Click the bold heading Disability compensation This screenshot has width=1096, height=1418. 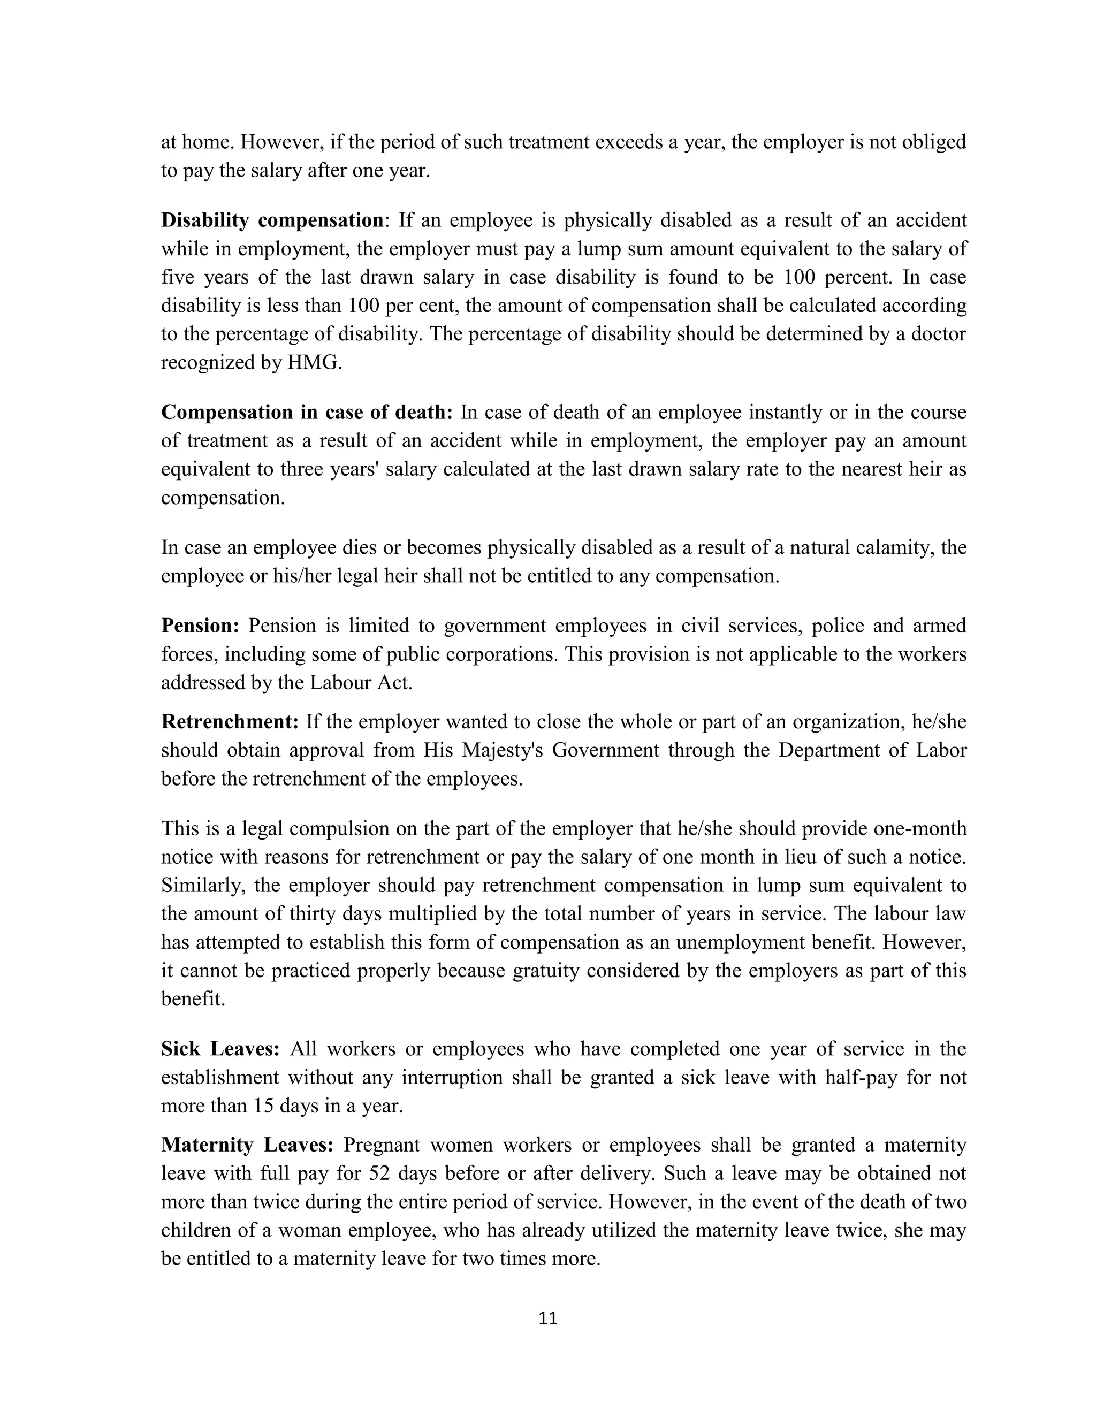272,221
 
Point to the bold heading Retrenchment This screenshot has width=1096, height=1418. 230,721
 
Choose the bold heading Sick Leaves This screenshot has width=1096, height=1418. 220,1049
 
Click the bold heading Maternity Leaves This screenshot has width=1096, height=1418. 247,1145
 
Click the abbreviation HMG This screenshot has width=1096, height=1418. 314,362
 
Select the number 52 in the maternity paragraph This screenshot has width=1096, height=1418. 380,1173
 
